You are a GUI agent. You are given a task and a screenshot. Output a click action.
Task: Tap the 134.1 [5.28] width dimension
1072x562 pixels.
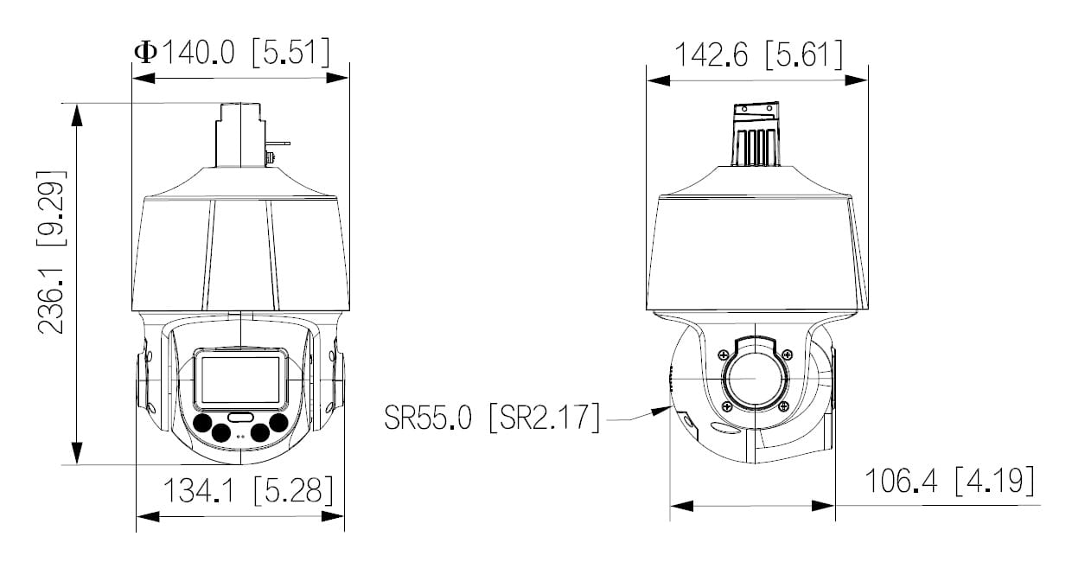tap(248, 491)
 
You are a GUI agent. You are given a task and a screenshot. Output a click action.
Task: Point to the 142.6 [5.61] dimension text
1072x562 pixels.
tap(757, 55)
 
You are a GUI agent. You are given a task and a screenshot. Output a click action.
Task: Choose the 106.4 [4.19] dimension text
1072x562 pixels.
tap(948, 481)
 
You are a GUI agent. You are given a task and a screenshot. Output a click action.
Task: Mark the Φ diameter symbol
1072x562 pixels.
tap(145, 52)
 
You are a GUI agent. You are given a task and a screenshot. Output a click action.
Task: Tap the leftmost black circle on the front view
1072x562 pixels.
tap(203, 423)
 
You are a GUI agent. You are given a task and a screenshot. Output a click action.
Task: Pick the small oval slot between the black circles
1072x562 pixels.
tap(241, 417)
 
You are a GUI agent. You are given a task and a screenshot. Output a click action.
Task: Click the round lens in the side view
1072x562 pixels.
tap(754, 379)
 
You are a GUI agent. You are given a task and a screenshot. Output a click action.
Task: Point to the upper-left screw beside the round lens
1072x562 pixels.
tap(723, 353)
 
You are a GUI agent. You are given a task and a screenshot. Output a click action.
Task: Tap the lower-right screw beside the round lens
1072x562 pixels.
tap(783, 406)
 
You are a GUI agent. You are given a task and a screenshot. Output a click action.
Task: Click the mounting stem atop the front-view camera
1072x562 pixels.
tap(240, 134)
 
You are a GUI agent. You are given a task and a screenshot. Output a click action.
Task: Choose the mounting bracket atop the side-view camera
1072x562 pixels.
tap(756, 134)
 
